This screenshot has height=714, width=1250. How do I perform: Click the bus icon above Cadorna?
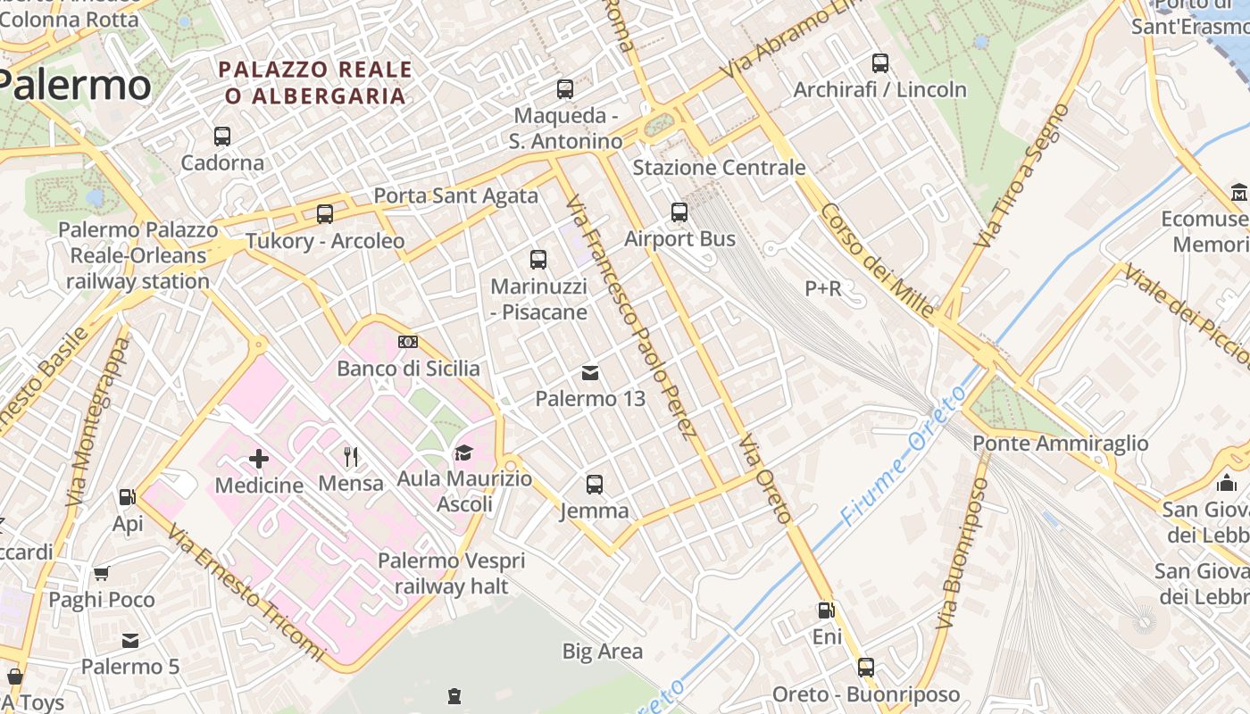click(x=222, y=137)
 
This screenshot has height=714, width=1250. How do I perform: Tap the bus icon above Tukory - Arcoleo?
click(x=325, y=214)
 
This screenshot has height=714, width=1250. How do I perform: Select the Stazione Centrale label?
click(x=719, y=168)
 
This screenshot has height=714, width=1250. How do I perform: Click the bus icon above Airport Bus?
click(x=679, y=212)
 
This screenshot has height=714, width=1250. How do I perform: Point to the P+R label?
click(x=823, y=288)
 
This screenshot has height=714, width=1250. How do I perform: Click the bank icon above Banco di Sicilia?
click(x=408, y=342)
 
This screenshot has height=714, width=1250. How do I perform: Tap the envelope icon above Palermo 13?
click(x=590, y=372)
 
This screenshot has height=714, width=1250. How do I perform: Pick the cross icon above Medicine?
click(x=259, y=459)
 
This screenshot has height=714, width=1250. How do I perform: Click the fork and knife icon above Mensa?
click(x=351, y=457)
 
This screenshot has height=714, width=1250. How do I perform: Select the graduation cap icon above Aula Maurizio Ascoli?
click(x=463, y=453)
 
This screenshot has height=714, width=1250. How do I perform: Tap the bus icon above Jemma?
click(x=595, y=485)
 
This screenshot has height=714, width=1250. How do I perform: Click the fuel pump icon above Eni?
click(x=827, y=611)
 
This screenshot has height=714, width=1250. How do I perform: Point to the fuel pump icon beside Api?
click(x=128, y=497)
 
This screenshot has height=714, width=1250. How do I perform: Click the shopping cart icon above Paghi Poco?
click(x=102, y=573)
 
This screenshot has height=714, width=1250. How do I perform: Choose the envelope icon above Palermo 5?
click(x=130, y=640)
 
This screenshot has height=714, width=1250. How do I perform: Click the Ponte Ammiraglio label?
click(x=1061, y=444)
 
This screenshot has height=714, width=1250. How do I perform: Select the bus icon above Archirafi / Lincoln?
click(x=880, y=63)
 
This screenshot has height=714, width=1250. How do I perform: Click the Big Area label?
click(x=603, y=652)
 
